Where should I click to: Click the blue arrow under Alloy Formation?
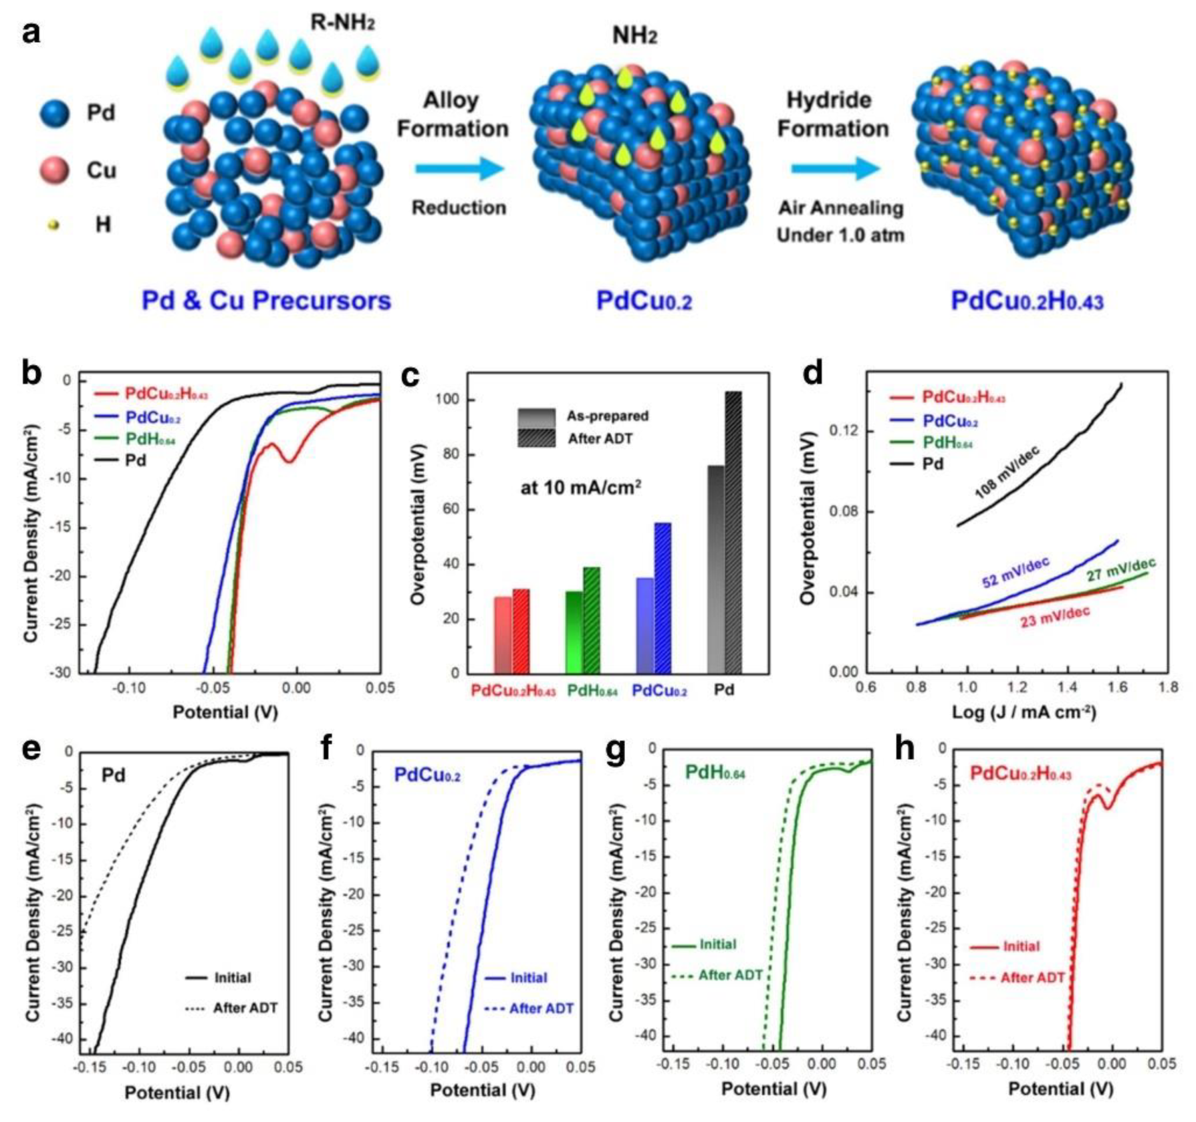pos(460,168)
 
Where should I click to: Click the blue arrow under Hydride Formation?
pos(836,168)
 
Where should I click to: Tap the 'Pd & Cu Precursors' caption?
pos(266,301)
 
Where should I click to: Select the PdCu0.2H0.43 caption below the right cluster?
pos(1027,301)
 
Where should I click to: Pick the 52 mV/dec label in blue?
pos(1015,572)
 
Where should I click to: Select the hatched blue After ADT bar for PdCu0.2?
pos(663,597)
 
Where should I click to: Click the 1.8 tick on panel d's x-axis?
pos(1169,687)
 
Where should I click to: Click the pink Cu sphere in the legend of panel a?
pos(54,170)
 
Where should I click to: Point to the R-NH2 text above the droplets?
pos(342,23)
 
